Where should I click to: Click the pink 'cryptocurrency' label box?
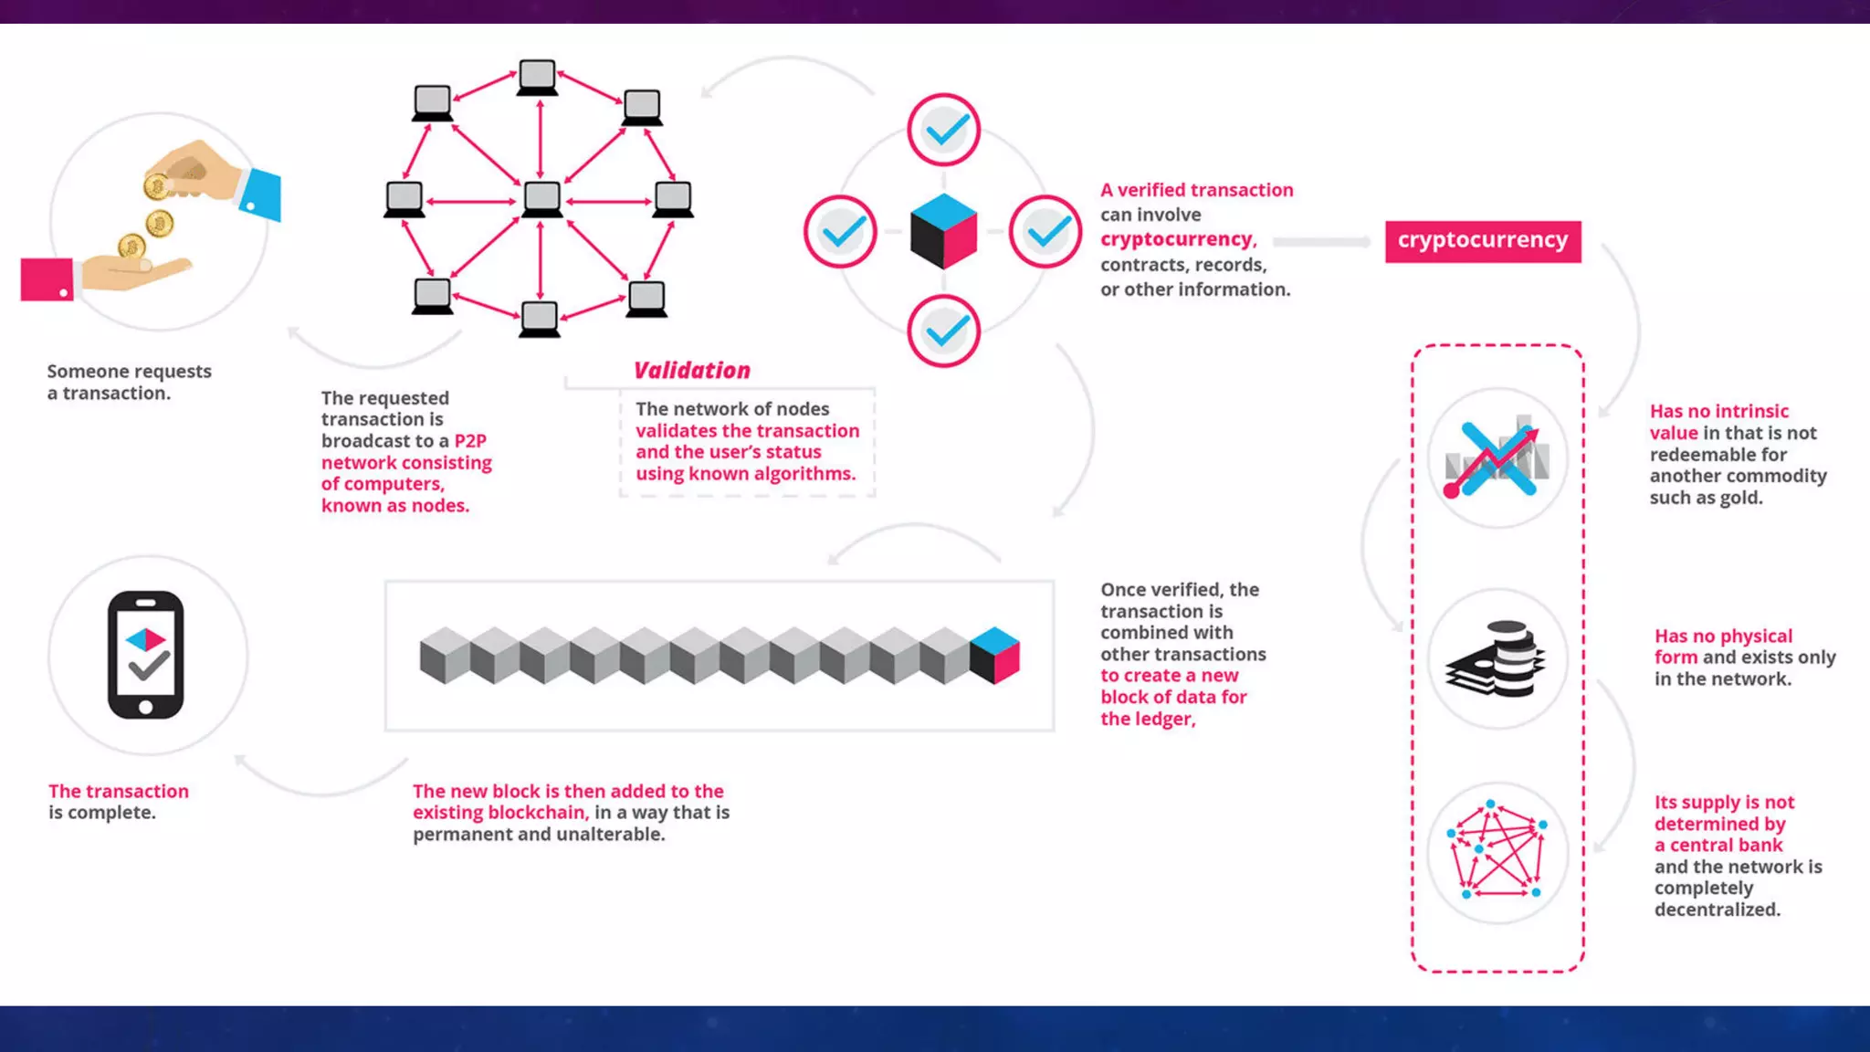click(x=1482, y=241)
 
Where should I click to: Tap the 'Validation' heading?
click(x=692, y=370)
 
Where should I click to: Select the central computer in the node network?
click(x=541, y=198)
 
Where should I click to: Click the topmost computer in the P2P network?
click(x=537, y=77)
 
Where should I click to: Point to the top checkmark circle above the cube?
click(x=944, y=130)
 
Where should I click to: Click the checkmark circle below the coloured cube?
click(x=944, y=331)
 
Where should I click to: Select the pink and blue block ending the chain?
click(x=994, y=655)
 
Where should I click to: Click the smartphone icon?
click(x=146, y=655)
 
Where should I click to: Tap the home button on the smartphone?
click(x=146, y=708)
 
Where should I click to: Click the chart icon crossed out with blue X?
click(x=1497, y=458)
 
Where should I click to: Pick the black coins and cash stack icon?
click(x=1497, y=658)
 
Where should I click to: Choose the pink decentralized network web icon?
click(x=1497, y=852)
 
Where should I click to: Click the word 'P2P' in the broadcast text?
click(x=470, y=441)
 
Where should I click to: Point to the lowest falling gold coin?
click(x=131, y=247)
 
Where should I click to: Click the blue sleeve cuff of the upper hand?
click(x=261, y=195)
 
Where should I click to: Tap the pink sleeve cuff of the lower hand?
click(x=47, y=279)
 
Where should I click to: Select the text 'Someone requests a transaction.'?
click(x=129, y=382)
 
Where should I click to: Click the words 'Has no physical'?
click(x=1723, y=636)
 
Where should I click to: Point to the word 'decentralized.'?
click(x=1717, y=910)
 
